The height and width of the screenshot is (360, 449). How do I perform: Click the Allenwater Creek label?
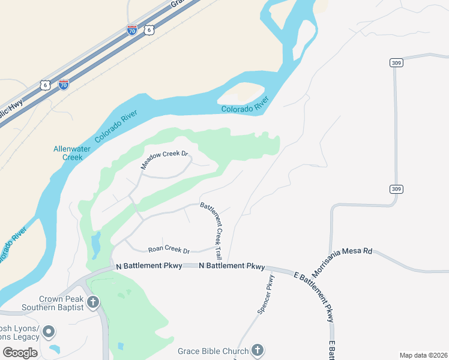coord(67,152)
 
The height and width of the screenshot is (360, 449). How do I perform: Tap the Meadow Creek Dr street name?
coord(160,158)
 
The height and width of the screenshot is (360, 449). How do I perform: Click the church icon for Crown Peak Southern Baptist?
coord(92,302)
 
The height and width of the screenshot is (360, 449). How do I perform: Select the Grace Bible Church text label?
coord(212,351)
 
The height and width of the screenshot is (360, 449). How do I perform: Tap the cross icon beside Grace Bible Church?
coord(257,350)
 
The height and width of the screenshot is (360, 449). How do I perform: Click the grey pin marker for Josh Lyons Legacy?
coord(49,331)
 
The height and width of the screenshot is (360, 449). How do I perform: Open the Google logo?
coord(20,352)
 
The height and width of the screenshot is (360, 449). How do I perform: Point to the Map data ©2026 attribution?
coord(423,355)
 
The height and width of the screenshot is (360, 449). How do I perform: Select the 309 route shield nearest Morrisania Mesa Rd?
coord(396,189)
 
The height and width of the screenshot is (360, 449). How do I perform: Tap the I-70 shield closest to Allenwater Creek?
coord(64,85)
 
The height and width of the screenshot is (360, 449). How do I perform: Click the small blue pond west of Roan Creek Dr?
coord(95,243)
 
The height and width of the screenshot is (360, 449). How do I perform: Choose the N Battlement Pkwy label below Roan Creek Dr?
coord(231,266)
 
